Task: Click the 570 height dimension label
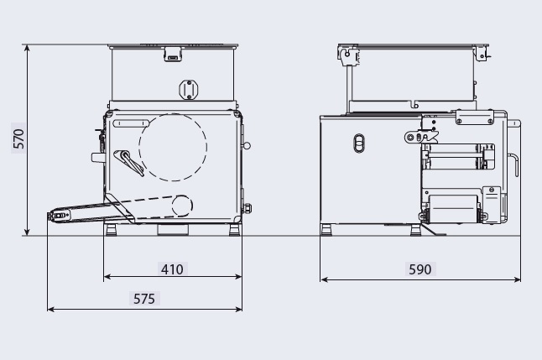coord(18,138)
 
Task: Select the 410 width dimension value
coord(172,269)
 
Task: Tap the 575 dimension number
coord(144,299)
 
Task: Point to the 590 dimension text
coord(420,269)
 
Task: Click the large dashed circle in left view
coord(139,147)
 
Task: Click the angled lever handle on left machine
coord(128,162)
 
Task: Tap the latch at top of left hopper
coord(172,55)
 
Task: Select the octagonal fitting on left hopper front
coord(189,90)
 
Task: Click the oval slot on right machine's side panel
coord(359,143)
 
